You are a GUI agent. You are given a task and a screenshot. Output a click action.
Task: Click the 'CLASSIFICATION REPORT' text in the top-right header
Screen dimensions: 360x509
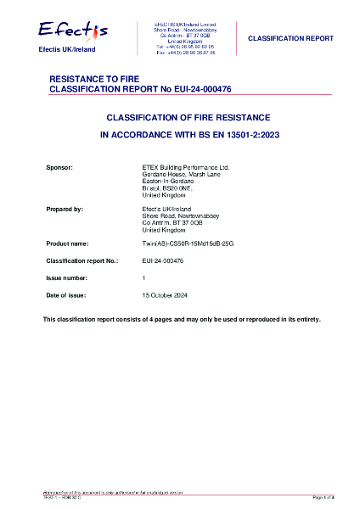(x=290, y=39)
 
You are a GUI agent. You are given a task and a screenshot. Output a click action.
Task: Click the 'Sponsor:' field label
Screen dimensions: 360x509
(x=59, y=168)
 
